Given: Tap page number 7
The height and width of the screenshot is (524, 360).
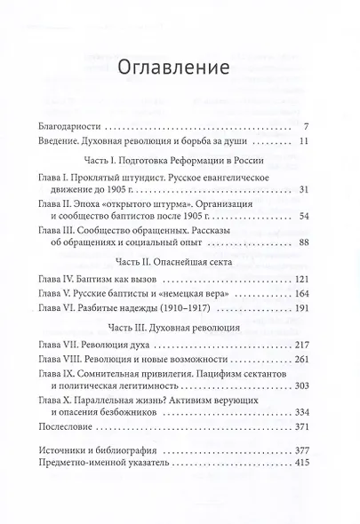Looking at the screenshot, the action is [304, 124].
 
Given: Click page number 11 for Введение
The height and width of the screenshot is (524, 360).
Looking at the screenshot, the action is [302, 140].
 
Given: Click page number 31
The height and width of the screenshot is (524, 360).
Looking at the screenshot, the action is [302, 190].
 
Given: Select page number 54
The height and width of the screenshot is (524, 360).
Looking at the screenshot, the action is [302, 217].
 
